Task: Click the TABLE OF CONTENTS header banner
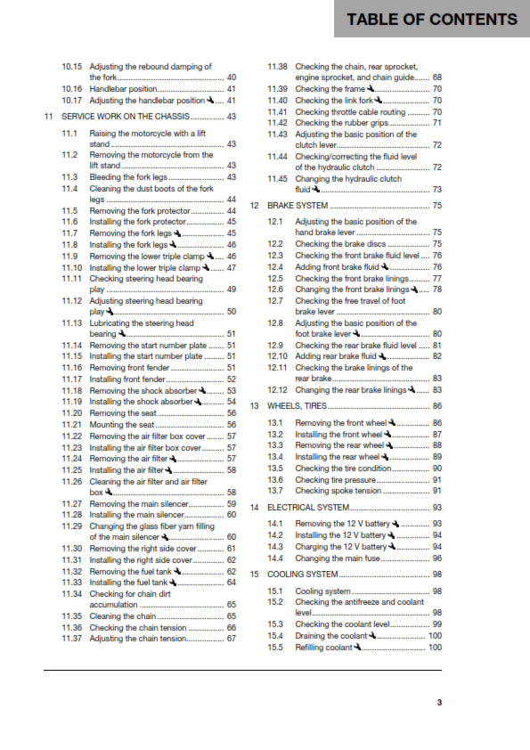431,19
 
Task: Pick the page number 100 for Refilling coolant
435,673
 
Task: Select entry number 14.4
275,558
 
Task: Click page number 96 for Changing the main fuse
437,558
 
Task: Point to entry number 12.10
278,356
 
